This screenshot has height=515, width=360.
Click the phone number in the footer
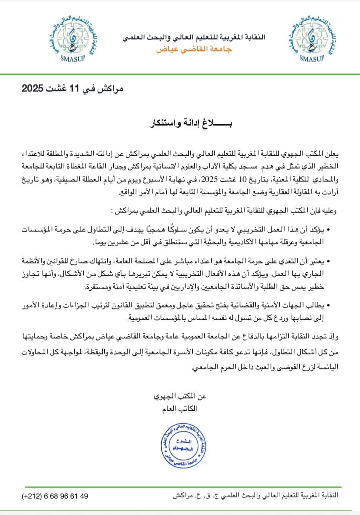click(x=55, y=496)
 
